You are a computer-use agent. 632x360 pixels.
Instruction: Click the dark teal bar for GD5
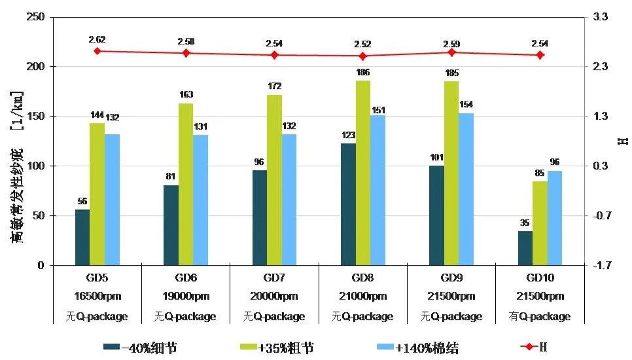(82, 238)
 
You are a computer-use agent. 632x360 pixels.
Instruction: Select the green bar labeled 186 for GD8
(363, 173)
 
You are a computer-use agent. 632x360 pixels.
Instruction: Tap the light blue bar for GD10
(555, 218)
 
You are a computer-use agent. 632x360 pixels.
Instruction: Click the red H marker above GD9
(451, 52)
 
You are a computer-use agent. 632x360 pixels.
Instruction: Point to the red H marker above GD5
(97, 51)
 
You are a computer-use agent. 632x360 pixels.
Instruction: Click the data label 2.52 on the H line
(362, 44)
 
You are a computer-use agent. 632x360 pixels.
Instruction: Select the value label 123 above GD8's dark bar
(348, 135)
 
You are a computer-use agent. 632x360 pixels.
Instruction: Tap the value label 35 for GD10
(525, 223)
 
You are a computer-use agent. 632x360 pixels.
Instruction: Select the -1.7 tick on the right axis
(601, 266)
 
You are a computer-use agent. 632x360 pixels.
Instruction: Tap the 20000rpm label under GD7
(275, 297)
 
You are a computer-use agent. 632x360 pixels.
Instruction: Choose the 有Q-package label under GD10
(540, 317)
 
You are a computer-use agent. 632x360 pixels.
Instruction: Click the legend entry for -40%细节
(141, 347)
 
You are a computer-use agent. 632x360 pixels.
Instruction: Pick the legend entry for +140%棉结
(419, 347)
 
